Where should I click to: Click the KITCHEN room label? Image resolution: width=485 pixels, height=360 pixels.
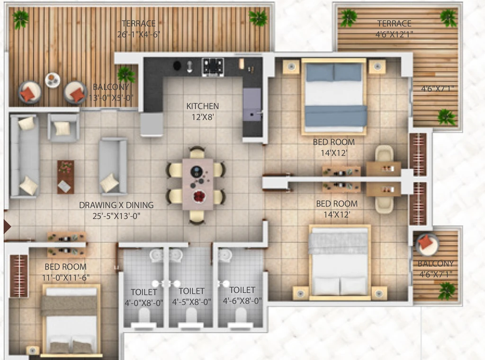(x=203, y=106)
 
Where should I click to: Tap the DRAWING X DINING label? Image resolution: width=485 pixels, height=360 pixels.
(x=117, y=205)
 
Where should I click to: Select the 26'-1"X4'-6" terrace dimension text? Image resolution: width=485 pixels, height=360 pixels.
(x=139, y=34)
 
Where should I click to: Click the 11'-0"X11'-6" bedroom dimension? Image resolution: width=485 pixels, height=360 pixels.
(x=65, y=278)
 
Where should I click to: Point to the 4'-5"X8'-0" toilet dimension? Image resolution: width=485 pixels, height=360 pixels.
(x=191, y=302)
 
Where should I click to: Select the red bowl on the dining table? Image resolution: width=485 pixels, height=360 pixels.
(x=199, y=197)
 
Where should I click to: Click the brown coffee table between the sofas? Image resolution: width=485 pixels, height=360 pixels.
(x=65, y=177)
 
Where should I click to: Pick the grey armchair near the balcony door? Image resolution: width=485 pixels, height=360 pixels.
(x=63, y=127)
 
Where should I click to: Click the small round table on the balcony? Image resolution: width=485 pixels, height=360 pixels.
(x=53, y=80)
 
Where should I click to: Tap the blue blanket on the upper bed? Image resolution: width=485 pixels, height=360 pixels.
(x=336, y=116)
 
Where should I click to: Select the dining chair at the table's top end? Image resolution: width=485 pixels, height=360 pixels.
(x=197, y=153)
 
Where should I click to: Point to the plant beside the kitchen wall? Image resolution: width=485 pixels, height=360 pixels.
(x=126, y=74)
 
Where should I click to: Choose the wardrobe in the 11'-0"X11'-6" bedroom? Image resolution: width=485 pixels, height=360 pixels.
(x=19, y=276)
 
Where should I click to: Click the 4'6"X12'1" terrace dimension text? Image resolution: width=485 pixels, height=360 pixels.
(x=395, y=34)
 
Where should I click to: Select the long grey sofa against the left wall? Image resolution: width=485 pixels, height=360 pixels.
(x=25, y=156)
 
